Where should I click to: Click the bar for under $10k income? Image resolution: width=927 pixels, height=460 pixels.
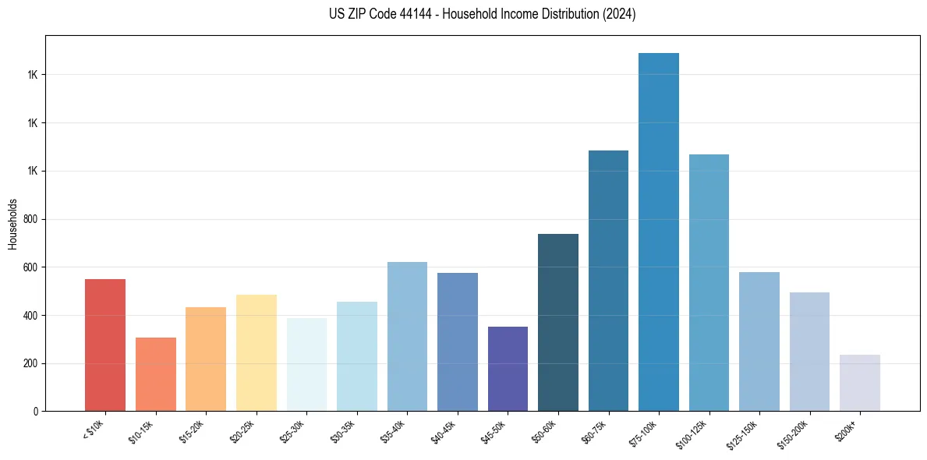[x=105, y=345]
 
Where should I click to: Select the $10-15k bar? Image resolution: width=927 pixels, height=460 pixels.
[x=155, y=374]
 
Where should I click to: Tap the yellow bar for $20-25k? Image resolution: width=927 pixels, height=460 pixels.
[x=256, y=352]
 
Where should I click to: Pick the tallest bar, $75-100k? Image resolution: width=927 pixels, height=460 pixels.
[x=658, y=232]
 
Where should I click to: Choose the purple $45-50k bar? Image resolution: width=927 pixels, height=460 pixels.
[x=508, y=369]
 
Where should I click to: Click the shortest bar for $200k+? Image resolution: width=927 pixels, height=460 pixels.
[x=859, y=383]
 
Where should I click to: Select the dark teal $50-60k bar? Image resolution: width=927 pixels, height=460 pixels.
[x=557, y=322]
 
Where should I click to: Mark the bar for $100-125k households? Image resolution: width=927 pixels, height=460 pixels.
[x=709, y=282]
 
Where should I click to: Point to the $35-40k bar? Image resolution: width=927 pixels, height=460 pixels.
[x=407, y=336]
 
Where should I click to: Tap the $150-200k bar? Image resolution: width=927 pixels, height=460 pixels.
[x=809, y=352]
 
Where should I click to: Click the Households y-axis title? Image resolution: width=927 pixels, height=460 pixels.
[x=13, y=224]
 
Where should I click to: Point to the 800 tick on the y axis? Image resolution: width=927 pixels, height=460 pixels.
[x=31, y=219]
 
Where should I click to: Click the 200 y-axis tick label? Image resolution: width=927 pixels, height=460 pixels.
[x=31, y=363]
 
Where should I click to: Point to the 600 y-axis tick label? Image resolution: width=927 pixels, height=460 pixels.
[x=31, y=267]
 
